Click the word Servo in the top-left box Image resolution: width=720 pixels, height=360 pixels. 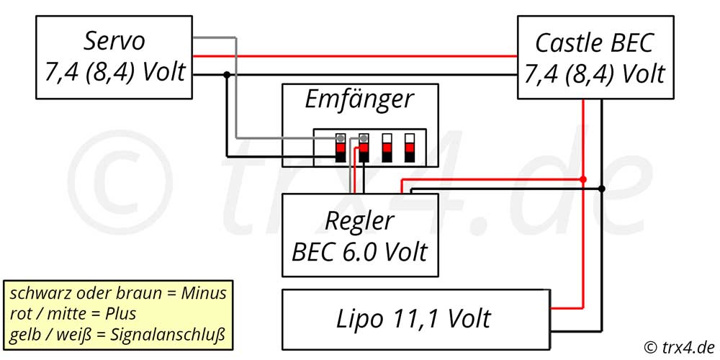pos(114,41)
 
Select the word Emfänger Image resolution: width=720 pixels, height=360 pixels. pos(359,99)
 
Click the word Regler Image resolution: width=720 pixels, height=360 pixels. pos(359,222)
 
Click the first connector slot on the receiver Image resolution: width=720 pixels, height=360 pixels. pos(341,148)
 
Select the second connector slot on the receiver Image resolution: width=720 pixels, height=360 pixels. pos(363,148)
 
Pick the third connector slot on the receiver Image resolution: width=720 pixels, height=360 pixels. pos(387,148)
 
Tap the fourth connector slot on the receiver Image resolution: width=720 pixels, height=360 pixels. pos(410,148)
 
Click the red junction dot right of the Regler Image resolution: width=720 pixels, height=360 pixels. pos(583,179)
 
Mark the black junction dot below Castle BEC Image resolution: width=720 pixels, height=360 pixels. pos(601,189)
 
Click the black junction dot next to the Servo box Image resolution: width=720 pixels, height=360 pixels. pos(226,74)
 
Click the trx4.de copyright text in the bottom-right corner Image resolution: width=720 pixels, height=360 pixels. pos(680,346)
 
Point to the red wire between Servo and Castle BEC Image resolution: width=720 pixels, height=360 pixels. pos(355,56)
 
